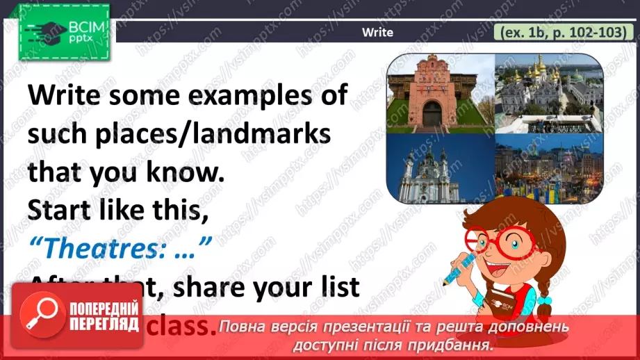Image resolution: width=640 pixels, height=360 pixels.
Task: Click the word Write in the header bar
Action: click(378, 32)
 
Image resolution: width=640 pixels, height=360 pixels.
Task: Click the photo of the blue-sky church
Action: click(440, 168)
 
